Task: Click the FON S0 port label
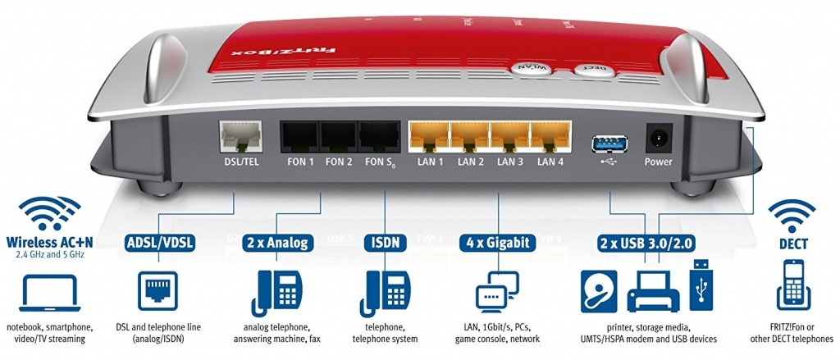click(x=379, y=162)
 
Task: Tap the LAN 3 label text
click(x=509, y=162)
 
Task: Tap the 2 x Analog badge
click(x=276, y=242)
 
